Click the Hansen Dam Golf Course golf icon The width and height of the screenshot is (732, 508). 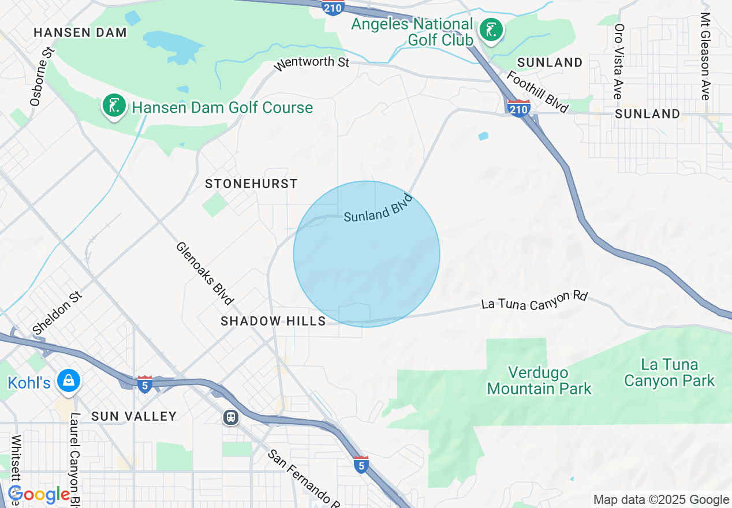pos(114,106)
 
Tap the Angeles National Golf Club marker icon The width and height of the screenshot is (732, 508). pos(491,29)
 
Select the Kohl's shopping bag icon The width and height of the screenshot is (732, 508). pos(69,381)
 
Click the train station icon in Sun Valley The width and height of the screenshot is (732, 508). pos(231,417)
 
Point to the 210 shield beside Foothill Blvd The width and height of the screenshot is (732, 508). pos(518,108)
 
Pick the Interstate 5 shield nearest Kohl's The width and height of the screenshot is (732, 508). pos(144,383)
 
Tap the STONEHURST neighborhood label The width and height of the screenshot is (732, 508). pos(251,184)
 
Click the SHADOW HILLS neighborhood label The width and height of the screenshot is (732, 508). pos(273,321)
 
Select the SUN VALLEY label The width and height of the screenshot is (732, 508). pos(134,416)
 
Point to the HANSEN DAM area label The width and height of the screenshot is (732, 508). pos(80,32)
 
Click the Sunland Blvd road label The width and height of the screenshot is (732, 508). pos(379,208)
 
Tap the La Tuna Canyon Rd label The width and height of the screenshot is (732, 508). pos(534,300)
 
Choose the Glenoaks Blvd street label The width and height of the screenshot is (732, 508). pos(205,273)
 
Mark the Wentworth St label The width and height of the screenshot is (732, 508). pos(312,62)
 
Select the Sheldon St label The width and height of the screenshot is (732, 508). pos(58,313)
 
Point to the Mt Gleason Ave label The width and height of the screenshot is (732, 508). pos(705,56)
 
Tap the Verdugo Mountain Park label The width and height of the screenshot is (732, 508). pos(539,380)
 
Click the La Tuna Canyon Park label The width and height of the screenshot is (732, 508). pos(669,373)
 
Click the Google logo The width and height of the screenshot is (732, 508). pos(39,494)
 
